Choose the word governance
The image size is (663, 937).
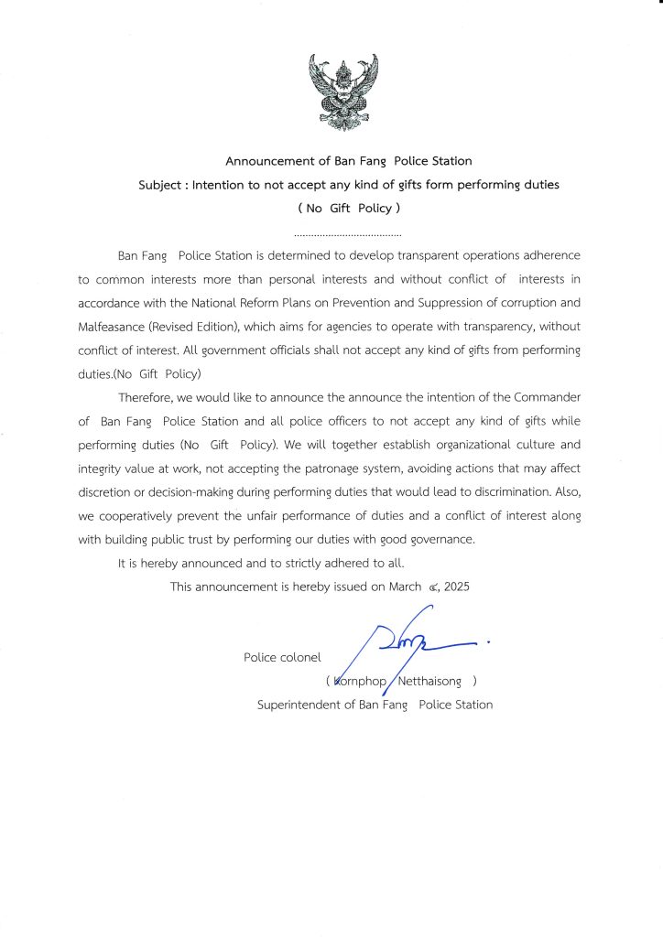click(442, 540)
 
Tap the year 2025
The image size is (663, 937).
click(455, 587)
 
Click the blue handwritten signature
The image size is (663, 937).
click(412, 645)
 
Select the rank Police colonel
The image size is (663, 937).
click(282, 657)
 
